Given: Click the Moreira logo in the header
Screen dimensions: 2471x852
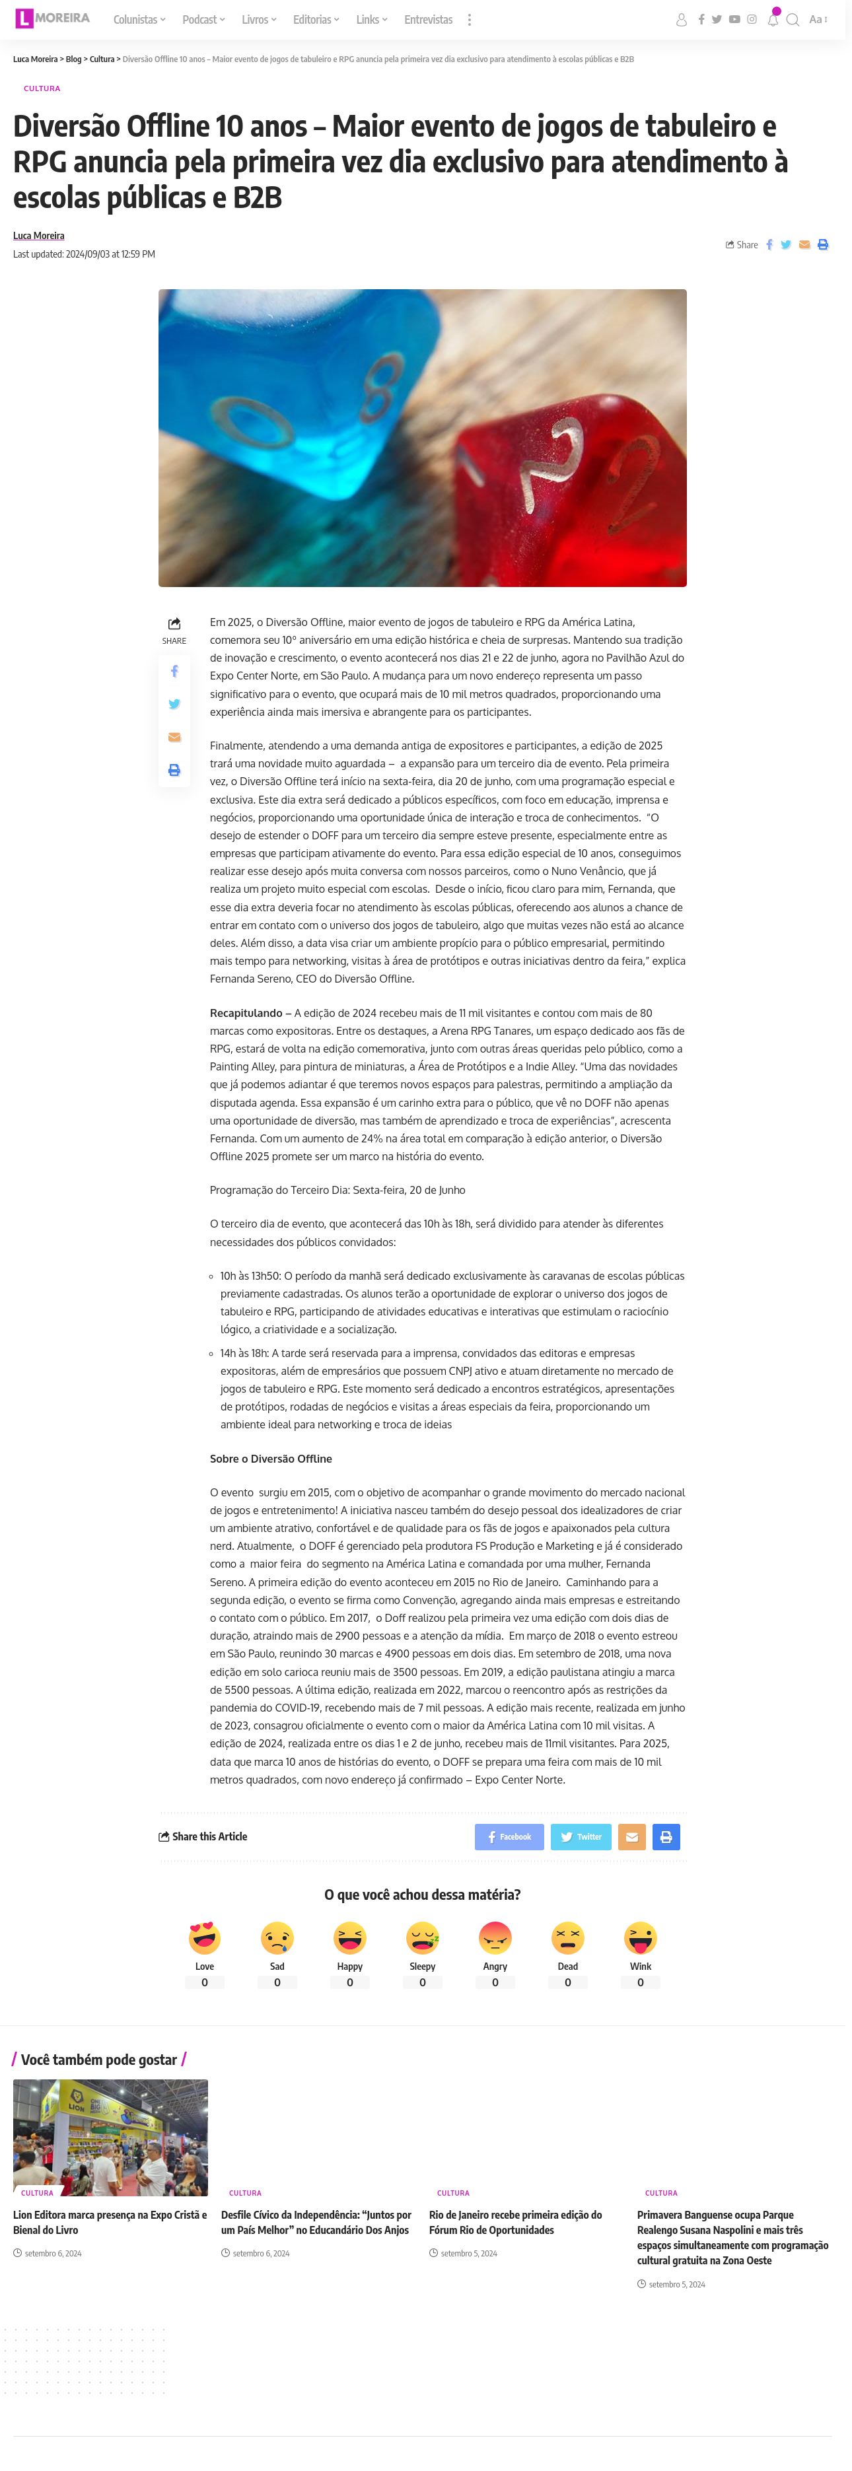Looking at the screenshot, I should pos(53,18).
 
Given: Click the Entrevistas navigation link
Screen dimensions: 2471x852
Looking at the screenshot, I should pos(428,19).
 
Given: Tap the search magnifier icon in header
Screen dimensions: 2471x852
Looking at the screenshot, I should pos(793,19).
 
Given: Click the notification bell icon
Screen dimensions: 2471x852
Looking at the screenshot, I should pos(772,19).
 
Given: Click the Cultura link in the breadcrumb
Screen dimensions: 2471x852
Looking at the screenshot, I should pos(102,59).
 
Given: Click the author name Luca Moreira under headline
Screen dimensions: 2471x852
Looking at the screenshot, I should pos(38,235).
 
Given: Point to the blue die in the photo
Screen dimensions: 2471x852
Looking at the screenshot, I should pos(288,403).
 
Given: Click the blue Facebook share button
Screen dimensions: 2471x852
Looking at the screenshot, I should pos(509,1836).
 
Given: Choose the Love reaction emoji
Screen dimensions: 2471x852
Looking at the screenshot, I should pos(204,1937).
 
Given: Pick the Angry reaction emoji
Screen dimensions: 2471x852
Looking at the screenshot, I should pos(495,1937).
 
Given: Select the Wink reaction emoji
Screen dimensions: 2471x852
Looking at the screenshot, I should pos(640,1937).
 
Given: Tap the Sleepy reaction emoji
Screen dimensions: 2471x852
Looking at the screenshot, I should pos(422,1937).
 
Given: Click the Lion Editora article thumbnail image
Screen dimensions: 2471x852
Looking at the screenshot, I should pos(110,2136).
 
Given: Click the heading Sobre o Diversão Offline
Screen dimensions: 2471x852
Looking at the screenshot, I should pos(271,1458).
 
